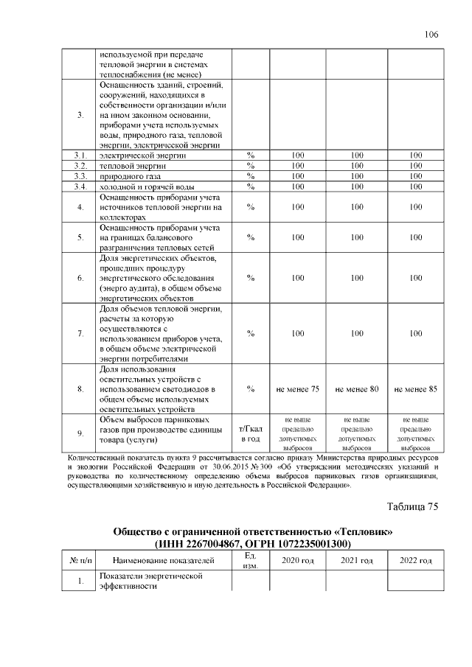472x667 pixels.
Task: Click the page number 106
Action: (431, 35)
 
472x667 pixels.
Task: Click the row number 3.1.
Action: (80, 156)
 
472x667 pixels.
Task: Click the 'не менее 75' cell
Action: (297, 388)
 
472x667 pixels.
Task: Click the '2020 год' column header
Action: (297, 561)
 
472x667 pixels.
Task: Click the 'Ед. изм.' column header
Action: (251, 561)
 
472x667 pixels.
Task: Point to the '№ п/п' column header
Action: (80, 561)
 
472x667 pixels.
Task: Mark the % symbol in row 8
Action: (251, 388)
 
